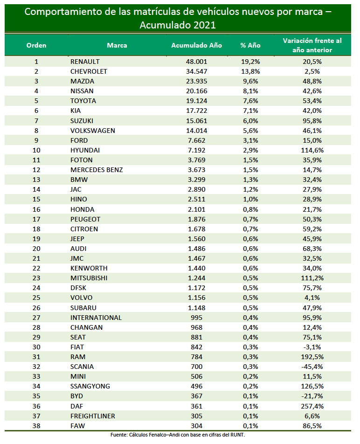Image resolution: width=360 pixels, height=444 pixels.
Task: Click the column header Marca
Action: point(117,45)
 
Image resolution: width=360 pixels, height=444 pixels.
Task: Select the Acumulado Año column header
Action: point(196,45)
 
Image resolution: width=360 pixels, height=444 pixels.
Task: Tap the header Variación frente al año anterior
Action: point(312,45)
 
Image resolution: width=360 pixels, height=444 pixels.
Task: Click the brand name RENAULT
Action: point(85,62)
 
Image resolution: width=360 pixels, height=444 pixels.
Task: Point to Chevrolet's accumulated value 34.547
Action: point(196,71)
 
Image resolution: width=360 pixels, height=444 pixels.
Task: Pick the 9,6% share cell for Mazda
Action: point(250,81)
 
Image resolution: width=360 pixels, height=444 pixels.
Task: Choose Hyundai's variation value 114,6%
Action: point(312,150)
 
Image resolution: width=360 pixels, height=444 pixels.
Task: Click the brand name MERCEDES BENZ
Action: point(97,170)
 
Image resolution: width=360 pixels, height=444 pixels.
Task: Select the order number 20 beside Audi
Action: point(36,249)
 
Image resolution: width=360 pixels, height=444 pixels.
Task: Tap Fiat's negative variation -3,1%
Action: point(312,347)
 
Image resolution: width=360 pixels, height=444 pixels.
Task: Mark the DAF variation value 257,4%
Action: point(312,406)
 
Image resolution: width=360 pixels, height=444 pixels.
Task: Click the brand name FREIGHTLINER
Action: point(92,416)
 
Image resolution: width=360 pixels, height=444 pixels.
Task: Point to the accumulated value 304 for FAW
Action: point(196,426)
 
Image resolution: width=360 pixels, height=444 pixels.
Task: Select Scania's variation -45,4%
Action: point(312,367)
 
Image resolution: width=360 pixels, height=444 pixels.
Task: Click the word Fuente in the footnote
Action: point(119,435)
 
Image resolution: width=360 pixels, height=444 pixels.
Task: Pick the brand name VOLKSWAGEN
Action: point(92,131)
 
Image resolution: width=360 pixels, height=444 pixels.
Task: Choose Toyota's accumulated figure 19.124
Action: point(196,101)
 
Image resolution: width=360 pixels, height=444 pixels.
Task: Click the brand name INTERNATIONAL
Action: point(96,318)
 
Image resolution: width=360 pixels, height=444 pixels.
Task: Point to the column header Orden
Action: point(36,45)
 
